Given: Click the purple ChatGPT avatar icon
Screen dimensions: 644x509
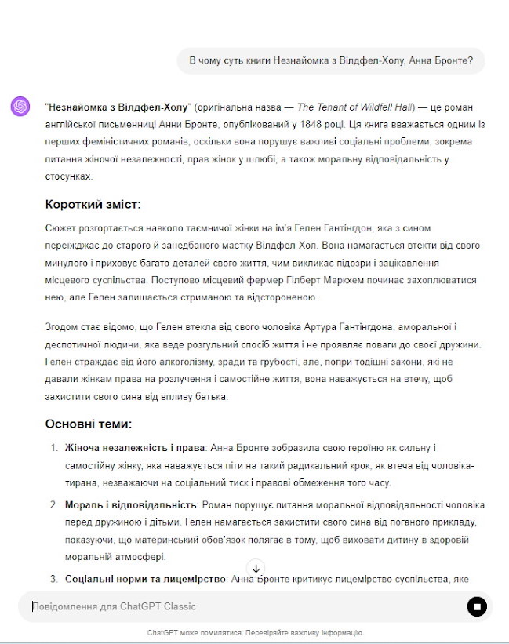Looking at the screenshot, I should click(x=20, y=106).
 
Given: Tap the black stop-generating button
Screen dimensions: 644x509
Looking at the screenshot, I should click(x=477, y=606).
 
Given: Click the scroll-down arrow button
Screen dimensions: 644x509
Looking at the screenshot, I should click(x=256, y=568).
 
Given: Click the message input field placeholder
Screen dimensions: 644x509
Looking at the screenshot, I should click(x=115, y=606).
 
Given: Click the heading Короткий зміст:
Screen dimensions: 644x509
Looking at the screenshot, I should click(x=93, y=205).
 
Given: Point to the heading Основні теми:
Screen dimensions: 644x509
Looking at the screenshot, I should click(x=88, y=424).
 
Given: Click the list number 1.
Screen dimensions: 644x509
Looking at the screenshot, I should click(x=54, y=448).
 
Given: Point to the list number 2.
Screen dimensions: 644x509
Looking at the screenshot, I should click(x=54, y=504).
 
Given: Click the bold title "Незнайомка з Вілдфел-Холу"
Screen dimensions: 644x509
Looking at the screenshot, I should click(x=118, y=107).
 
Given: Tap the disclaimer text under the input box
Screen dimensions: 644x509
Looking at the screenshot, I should click(x=255, y=632).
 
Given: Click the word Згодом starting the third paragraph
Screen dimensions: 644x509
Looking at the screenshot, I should click(x=63, y=326).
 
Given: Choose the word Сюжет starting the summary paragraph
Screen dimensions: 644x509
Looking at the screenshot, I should click(x=61, y=228).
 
